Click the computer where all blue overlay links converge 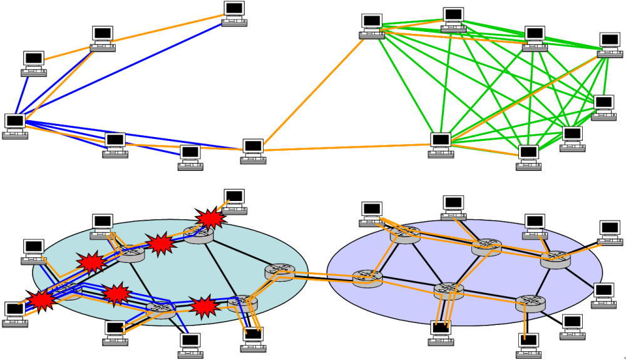pos(14,123)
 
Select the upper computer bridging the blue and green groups pos(253,149)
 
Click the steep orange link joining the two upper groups pos(313,88)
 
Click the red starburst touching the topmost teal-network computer pos(211,217)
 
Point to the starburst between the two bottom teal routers pos(203,307)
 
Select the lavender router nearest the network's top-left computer pos(404,234)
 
